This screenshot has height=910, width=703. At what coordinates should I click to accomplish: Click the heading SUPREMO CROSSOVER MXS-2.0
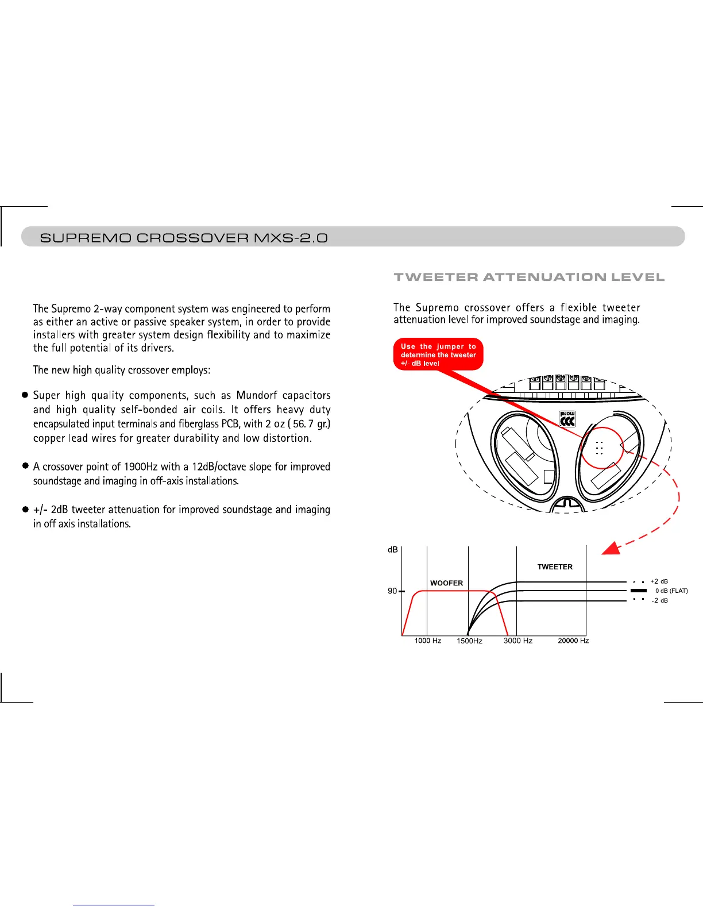click(184, 238)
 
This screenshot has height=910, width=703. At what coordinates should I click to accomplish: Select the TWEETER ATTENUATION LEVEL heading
click(529, 277)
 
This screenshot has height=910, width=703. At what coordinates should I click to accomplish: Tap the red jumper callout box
click(438, 354)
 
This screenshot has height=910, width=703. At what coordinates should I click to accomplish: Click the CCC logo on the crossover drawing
click(567, 419)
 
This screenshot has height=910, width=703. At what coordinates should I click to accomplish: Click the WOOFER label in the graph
click(446, 583)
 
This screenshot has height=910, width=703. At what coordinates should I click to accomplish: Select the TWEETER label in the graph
click(555, 567)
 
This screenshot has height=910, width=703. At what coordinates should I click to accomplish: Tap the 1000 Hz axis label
click(428, 641)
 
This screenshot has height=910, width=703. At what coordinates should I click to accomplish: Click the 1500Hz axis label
click(469, 641)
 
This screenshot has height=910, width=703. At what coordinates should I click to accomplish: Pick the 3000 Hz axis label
click(518, 641)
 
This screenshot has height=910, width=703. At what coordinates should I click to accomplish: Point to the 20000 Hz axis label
click(573, 641)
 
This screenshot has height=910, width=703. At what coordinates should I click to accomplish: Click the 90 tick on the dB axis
click(392, 591)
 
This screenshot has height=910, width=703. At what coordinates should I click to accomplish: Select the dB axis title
click(393, 550)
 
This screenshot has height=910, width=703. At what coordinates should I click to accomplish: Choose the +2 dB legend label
click(659, 581)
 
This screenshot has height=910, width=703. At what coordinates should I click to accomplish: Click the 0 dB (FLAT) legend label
click(671, 591)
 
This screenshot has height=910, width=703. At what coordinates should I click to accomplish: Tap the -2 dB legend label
click(659, 600)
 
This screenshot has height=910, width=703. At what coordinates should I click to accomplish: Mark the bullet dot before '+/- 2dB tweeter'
click(25, 509)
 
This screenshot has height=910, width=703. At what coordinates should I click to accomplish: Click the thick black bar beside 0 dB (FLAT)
click(639, 591)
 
